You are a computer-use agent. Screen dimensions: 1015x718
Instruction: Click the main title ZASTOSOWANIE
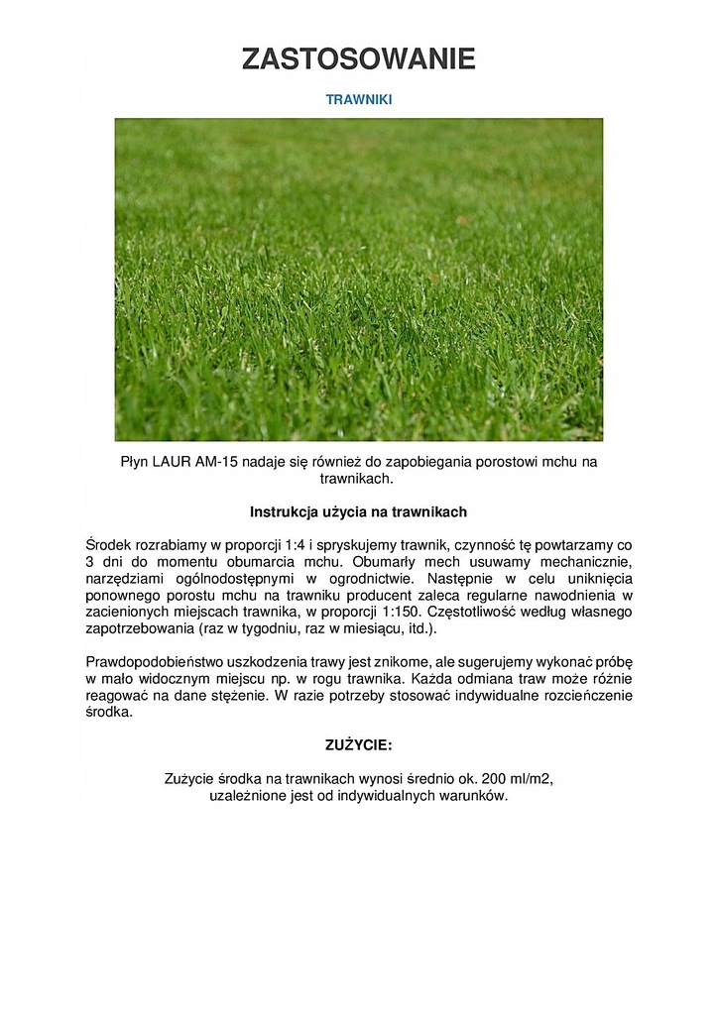(359, 59)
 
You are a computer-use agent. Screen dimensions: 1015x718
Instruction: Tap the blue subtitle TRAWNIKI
(359, 100)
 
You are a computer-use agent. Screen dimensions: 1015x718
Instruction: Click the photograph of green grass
(359, 280)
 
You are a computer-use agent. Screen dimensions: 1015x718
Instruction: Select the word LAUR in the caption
(171, 462)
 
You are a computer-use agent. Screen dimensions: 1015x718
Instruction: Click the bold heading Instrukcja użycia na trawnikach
(359, 512)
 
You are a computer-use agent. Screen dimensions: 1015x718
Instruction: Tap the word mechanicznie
(585, 562)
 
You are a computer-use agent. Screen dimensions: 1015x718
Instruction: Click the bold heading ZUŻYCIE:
(359, 744)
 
